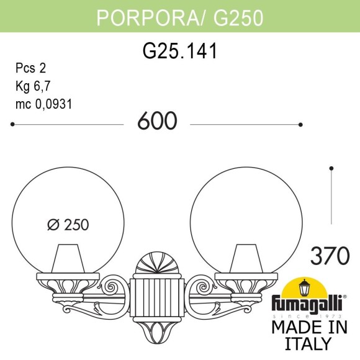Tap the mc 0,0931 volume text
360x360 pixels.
click(43, 104)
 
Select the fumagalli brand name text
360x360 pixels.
click(306, 305)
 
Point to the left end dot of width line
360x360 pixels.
click(13, 124)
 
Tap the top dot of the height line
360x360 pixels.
click(332, 168)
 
